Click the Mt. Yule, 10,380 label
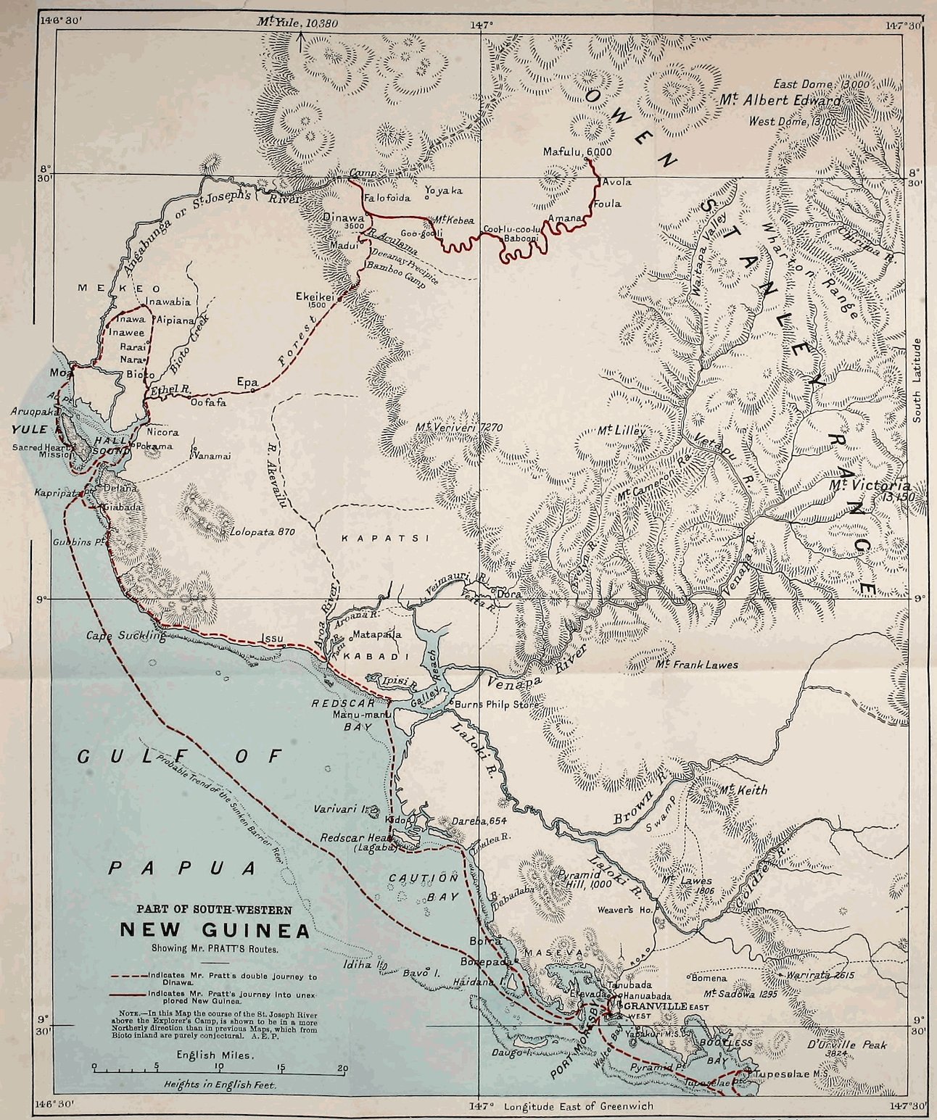pyautogui.click(x=297, y=22)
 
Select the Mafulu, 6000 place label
pyautogui.click(x=577, y=152)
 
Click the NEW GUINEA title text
pyautogui.click(x=215, y=929)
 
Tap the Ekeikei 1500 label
pyautogui.click(x=314, y=296)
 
